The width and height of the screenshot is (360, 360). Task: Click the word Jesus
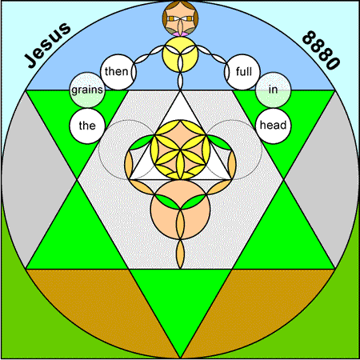coord(48,45)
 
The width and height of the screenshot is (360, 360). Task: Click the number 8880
coord(321,50)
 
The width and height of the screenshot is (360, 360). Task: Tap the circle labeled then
coord(118,72)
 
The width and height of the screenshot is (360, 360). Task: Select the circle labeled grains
coord(87,90)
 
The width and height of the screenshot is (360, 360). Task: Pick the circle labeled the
coord(87,126)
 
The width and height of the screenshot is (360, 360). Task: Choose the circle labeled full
coord(242,72)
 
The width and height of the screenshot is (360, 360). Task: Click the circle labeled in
coord(273,90)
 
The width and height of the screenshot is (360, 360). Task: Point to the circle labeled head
coord(273,126)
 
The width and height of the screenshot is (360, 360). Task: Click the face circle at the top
coord(180,18)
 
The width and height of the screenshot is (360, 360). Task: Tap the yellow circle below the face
coord(180,54)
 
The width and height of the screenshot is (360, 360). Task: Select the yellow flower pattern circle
coord(180,150)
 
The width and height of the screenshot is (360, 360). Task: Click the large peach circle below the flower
coord(180,210)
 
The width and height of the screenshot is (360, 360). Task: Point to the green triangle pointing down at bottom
coord(180,298)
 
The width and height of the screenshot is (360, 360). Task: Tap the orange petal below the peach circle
coord(181,254)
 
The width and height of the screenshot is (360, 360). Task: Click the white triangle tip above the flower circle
coord(180,91)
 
